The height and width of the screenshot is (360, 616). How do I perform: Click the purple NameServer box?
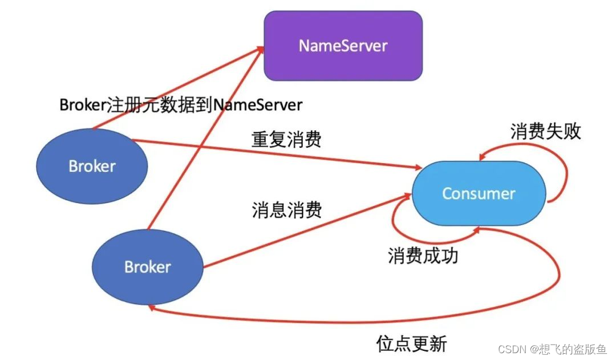pos(343,46)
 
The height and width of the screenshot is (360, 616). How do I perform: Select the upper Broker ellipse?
pos(92,166)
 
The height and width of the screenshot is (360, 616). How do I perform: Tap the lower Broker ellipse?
pos(148,267)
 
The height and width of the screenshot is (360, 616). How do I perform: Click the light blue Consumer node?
pos(479,193)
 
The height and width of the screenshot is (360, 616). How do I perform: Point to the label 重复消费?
pos(286,139)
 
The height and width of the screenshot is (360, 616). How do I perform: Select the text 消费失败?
pos(545,131)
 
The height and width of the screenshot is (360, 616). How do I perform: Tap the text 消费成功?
pos(423,255)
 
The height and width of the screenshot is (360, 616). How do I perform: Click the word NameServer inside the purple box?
pos(343,46)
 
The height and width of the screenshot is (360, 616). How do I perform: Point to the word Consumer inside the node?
pos(479,193)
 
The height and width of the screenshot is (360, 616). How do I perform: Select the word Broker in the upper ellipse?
pos(92,166)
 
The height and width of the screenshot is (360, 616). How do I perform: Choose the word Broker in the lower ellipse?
pos(148,267)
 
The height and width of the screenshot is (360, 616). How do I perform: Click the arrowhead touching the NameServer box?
pos(260,48)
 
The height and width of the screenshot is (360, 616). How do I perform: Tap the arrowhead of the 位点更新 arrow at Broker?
pos(152,308)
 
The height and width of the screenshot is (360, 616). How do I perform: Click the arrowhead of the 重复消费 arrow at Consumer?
pos(415,168)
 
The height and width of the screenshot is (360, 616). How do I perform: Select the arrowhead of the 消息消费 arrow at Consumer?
pos(407,195)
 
